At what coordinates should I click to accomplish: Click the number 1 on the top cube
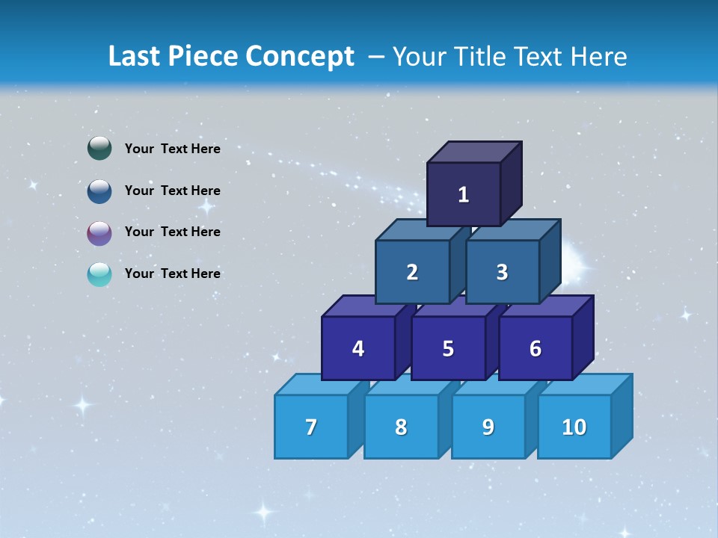(x=463, y=195)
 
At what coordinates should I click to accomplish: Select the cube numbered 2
(x=412, y=273)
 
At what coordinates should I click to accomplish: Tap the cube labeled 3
(x=502, y=273)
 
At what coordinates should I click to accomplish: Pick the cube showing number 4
(x=358, y=349)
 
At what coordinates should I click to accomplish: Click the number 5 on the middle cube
(x=448, y=349)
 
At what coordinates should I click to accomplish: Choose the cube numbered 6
(x=536, y=349)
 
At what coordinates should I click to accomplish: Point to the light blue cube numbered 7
(x=311, y=427)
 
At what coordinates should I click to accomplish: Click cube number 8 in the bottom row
(x=401, y=427)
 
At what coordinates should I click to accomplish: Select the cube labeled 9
(x=488, y=427)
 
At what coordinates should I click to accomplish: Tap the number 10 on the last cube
(x=574, y=427)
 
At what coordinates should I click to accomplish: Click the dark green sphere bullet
(x=99, y=149)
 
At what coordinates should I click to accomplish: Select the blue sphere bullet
(x=99, y=191)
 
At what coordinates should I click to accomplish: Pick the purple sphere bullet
(x=99, y=232)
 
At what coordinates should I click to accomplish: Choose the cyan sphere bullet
(x=99, y=274)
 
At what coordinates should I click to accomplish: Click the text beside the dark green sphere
(x=172, y=149)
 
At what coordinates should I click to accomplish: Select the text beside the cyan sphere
(x=172, y=273)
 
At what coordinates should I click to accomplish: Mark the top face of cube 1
(x=474, y=152)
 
